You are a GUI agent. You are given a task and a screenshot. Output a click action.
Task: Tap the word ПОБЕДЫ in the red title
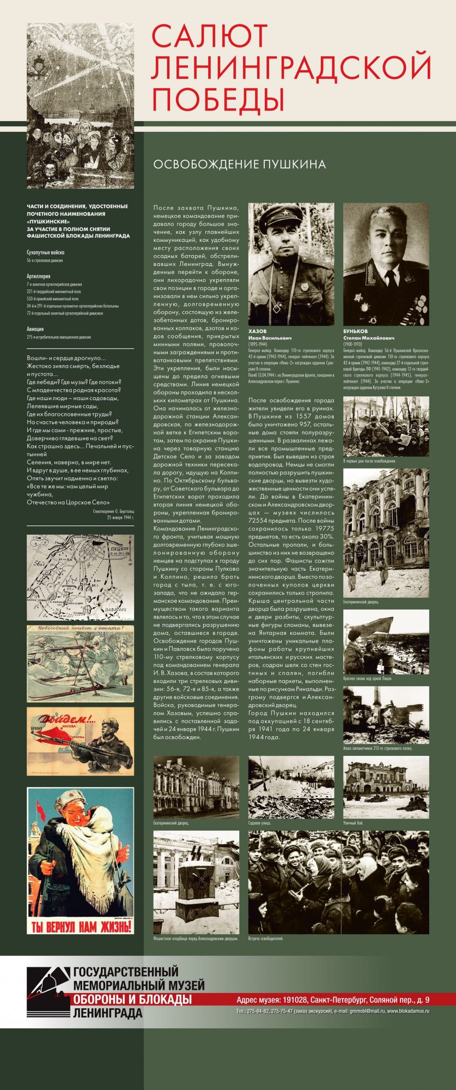[218, 100]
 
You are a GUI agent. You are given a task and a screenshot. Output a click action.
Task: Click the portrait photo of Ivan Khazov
[291, 264]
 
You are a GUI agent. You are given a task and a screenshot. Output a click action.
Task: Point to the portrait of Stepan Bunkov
[386, 264]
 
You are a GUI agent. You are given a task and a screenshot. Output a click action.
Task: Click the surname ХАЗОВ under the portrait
[258, 331]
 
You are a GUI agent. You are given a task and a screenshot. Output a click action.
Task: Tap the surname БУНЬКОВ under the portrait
[356, 331]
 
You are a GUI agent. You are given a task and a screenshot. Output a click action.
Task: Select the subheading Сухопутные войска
[46, 253]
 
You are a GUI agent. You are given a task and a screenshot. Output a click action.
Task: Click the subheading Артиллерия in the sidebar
[39, 276]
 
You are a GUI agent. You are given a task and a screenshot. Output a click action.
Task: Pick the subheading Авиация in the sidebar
[35, 329]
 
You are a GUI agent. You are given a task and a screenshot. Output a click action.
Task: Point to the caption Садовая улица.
[259, 823]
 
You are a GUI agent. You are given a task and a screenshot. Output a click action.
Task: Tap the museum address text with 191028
[333, 1000]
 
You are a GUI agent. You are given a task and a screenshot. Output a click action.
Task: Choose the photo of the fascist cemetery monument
[196, 882]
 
